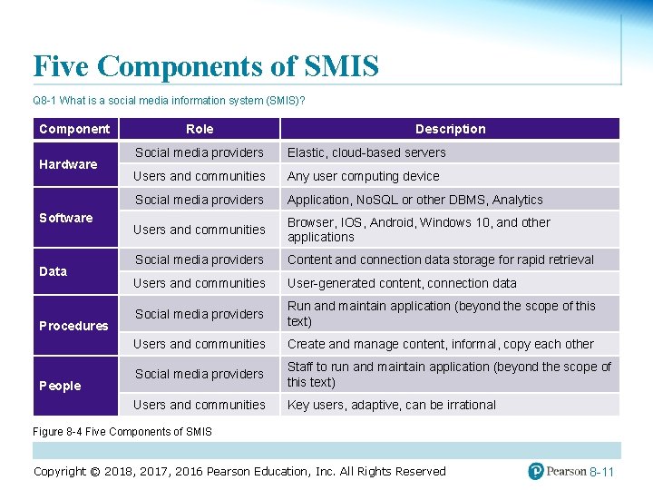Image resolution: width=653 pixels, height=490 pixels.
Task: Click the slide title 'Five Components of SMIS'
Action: point(206,66)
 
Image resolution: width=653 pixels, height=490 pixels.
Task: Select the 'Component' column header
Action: point(74,129)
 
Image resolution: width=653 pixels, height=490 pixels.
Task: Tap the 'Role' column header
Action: point(200,129)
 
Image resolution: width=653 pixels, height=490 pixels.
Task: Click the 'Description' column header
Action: point(450,129)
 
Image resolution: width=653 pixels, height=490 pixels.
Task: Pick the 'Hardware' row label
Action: point(68,164)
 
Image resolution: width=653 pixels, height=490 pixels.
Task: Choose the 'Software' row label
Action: point(66,218)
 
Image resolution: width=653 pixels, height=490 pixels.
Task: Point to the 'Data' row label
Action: point(54,271)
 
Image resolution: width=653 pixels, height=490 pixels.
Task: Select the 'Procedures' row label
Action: point(73,326)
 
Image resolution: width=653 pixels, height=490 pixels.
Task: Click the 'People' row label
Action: point(60,386)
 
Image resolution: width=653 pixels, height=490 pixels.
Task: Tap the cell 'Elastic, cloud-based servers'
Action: point(366,152)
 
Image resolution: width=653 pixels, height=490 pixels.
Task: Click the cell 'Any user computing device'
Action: point(363,176)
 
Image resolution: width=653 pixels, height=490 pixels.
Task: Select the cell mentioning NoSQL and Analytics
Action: point(414,200)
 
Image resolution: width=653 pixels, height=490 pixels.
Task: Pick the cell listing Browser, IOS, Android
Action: point(418,230)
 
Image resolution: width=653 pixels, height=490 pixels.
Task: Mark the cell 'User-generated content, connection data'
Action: point(402,283)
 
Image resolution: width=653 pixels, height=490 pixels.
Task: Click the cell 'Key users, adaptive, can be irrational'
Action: point(391,405)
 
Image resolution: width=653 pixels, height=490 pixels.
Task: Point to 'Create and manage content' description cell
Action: point(440,344)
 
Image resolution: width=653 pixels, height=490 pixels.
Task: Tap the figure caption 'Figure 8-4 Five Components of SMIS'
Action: point(122,432)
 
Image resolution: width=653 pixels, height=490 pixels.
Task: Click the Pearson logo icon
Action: point(536,471)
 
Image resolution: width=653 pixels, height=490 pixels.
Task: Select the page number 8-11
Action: point(601,473)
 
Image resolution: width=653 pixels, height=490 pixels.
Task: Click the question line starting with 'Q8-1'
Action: point(169,101)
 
